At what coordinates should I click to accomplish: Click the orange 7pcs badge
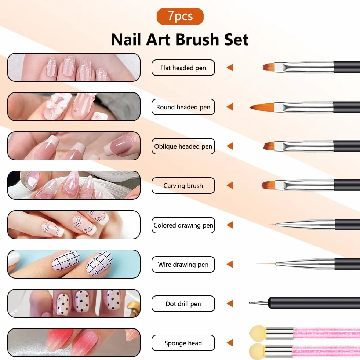[180, 16]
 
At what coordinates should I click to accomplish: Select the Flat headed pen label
[183, 68]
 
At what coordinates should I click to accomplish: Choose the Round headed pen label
[183, 107]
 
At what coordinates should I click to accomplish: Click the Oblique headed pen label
[183, 146]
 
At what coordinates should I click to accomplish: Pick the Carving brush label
[183, 186]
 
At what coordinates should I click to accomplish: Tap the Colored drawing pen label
[183, 225]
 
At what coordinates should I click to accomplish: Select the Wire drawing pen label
[183, 264]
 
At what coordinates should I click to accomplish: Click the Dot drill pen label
[183, 303]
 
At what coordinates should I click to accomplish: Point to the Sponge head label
[183, 343]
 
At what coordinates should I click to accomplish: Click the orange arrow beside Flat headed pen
[230, 68]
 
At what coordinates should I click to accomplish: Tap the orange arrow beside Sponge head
[230, 343]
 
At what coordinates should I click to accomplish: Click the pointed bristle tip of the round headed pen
[251, 107]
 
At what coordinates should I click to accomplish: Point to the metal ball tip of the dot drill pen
[250, 303]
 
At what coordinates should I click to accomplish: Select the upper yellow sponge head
[258, 333]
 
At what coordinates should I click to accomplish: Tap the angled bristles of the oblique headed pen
[269, 146]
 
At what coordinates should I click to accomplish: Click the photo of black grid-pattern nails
[74, 264]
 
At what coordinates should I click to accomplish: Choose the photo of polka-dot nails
[74, 303]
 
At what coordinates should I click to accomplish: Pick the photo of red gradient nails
[74, 342]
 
